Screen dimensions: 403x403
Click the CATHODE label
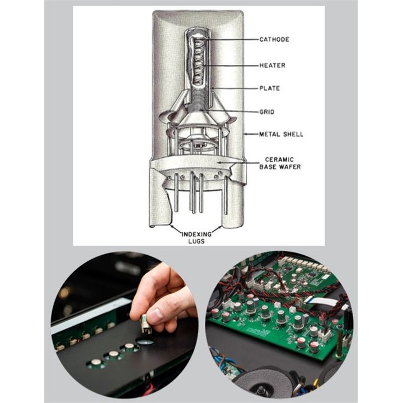(x=274, y=39)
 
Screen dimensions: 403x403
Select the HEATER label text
(x=272, y=65)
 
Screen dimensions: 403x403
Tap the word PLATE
(x=269, y=88)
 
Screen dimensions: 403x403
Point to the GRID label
(x=267, y=112)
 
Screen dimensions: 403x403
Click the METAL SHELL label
(x=281, y=134)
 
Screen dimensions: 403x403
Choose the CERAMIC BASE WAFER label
(x=280, y=163)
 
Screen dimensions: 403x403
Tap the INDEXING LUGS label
(x=196, y=238)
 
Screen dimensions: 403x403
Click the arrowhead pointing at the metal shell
(x=246, y=134)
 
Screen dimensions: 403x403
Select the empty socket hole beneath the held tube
(x=145, y=341)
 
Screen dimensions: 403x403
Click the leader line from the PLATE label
(x=236, y=88)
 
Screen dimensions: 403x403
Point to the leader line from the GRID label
(x=229, y=111)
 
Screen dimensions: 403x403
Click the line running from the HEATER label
(x=231, y=66)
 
